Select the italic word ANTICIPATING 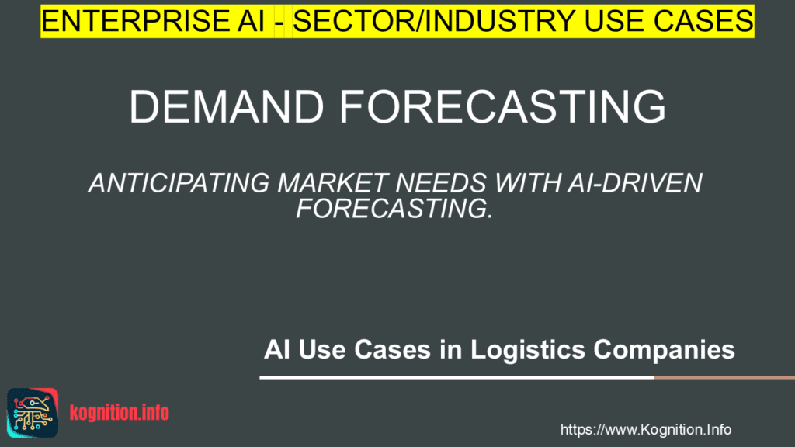pos(180,184)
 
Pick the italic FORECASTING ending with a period pos(394,208)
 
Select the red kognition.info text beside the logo pos(119,413)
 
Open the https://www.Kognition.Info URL pos(645,429)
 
